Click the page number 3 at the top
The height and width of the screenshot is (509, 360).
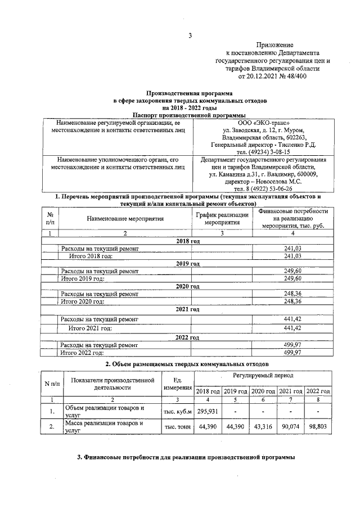190,37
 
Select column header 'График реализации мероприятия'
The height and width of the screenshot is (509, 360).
222,218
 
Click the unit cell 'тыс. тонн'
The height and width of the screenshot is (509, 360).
177,427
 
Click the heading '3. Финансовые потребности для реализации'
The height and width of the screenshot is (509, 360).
186,457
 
